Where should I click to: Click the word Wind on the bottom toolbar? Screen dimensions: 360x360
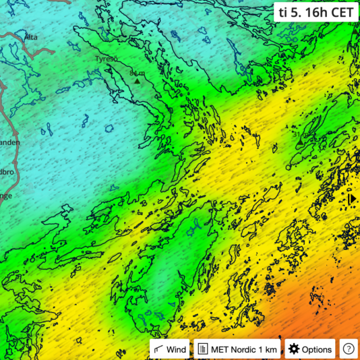tap(177, 349)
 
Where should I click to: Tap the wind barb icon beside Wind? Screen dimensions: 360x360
tap(158, 349)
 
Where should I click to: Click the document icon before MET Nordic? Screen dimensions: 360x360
tap(202, 349)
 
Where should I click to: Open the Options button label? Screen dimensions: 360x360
tap(316, 349)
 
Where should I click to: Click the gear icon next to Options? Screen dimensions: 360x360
tap(293, 349)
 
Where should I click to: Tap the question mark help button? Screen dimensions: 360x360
tap(348, 349)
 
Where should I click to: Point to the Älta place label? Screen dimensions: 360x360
tap(30, 37)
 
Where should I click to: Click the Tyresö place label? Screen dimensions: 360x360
tap(107, 59)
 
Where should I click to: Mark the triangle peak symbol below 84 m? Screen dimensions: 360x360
tap(138, 81)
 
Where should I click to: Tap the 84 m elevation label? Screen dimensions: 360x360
tap(137, 73)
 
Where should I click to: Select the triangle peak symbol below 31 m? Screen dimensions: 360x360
tap(299, 144)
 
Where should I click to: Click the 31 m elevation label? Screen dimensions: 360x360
tap(299, 136)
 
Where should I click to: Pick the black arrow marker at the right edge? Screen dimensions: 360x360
tap(352, 199)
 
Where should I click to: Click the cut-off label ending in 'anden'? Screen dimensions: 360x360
tap(9, 142)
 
